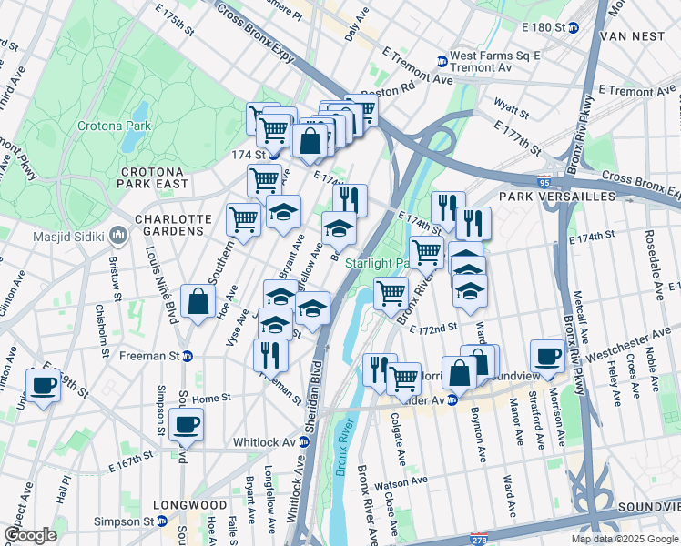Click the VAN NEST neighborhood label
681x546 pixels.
pos(637,37)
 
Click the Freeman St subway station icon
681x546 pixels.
pos(188,356)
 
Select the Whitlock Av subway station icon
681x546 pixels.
pos(306,442)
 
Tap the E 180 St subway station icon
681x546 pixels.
pos(574,28)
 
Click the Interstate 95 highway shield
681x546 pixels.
pos(544,182)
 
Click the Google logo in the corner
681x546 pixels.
pos(30,535)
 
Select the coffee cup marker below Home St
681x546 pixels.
pos(186,424)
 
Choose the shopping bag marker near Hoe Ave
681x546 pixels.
pos(198,304)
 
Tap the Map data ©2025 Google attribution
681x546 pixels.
pos(624,539)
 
